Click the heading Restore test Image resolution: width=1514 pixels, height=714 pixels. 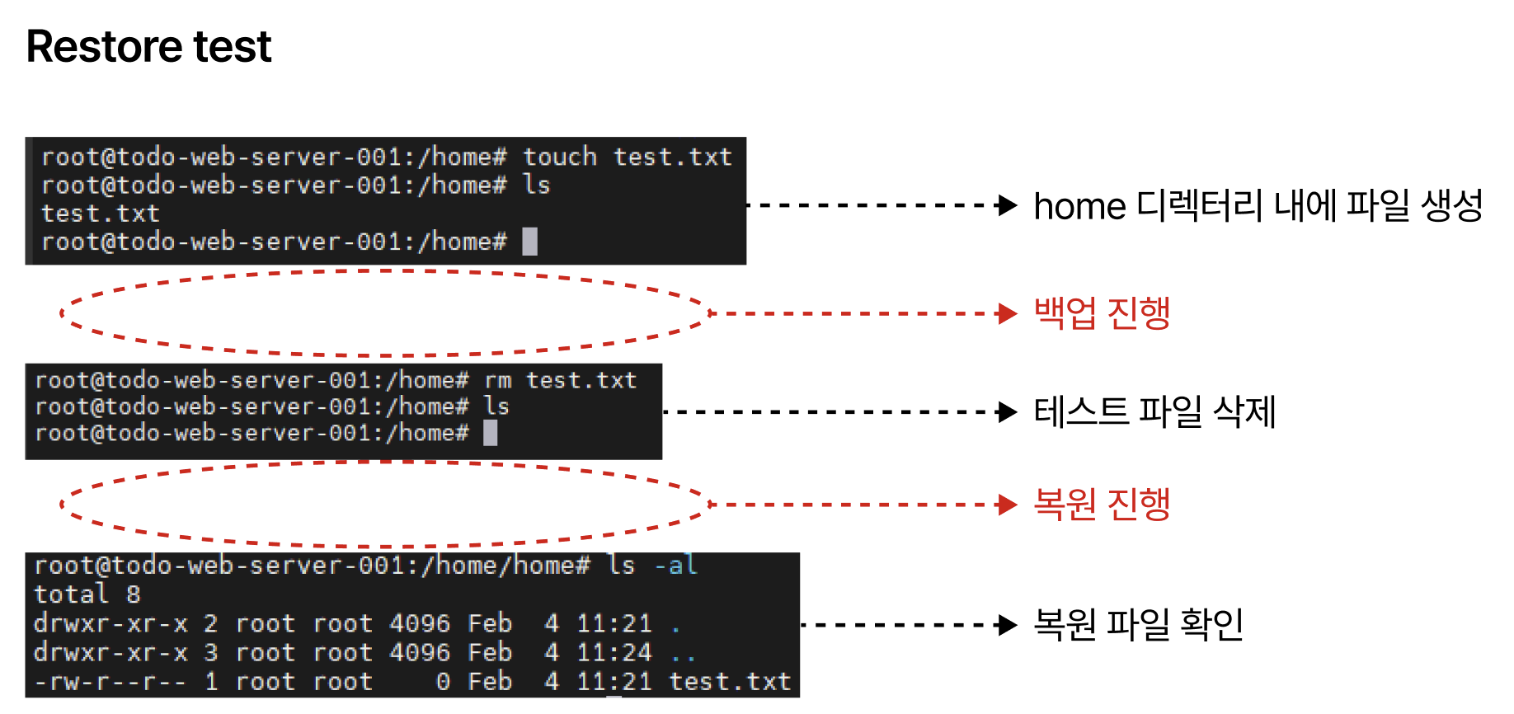[x=148, y=46]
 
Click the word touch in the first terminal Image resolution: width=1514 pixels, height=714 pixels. [x=559, y=157]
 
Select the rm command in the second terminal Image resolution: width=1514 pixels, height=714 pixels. [x=497, y=380]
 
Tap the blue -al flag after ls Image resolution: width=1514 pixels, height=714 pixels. [x=675, y=566]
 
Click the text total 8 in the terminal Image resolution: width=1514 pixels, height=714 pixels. [x=87, y=594]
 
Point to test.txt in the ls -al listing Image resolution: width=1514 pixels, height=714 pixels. [x=729, y=682]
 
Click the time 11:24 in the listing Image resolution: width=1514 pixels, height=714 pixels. [x=614, y=652]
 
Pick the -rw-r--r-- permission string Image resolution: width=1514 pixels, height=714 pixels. [x=110, y=682]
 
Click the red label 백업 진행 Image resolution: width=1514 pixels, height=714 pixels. [x=1102, y=313]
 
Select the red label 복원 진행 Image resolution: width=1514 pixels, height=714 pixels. [x=1102, y=505]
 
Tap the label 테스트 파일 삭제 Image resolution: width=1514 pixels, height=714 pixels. [x=1154, y=411]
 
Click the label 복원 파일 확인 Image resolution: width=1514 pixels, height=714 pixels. [x=1138, y=625]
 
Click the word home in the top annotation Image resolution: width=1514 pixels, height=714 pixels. [x=1079, y=206]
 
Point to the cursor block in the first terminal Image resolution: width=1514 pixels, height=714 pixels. [x=530, y=242]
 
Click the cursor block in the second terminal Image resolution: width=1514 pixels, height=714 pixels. [x=490, y=433]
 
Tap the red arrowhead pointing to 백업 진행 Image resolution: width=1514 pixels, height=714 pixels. [x=1007, y=313]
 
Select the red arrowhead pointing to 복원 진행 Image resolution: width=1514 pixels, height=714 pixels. [x=1007, y=505]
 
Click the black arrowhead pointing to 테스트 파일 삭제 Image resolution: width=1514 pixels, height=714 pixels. [x=1007, y=411]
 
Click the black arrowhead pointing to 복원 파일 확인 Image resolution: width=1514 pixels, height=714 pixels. [x=1007, y=625]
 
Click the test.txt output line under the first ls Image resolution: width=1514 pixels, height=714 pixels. [x=100, y=214]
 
